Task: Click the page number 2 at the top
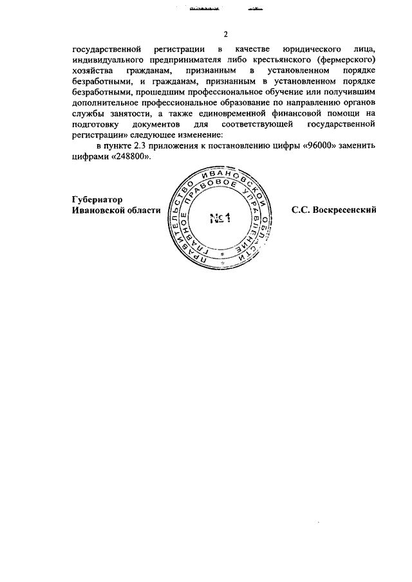[225, 34]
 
